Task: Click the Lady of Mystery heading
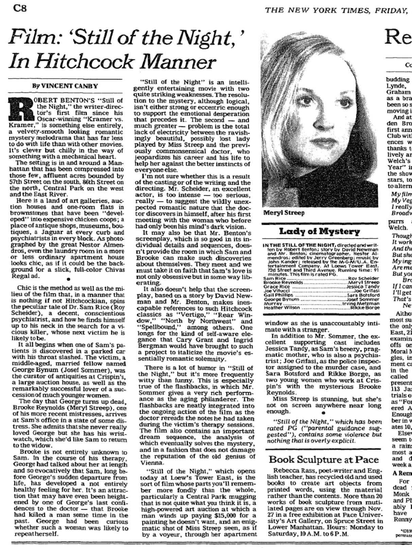coord(319,232)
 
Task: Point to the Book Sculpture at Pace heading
coord(324,459)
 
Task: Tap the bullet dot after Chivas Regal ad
coord(68,279)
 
